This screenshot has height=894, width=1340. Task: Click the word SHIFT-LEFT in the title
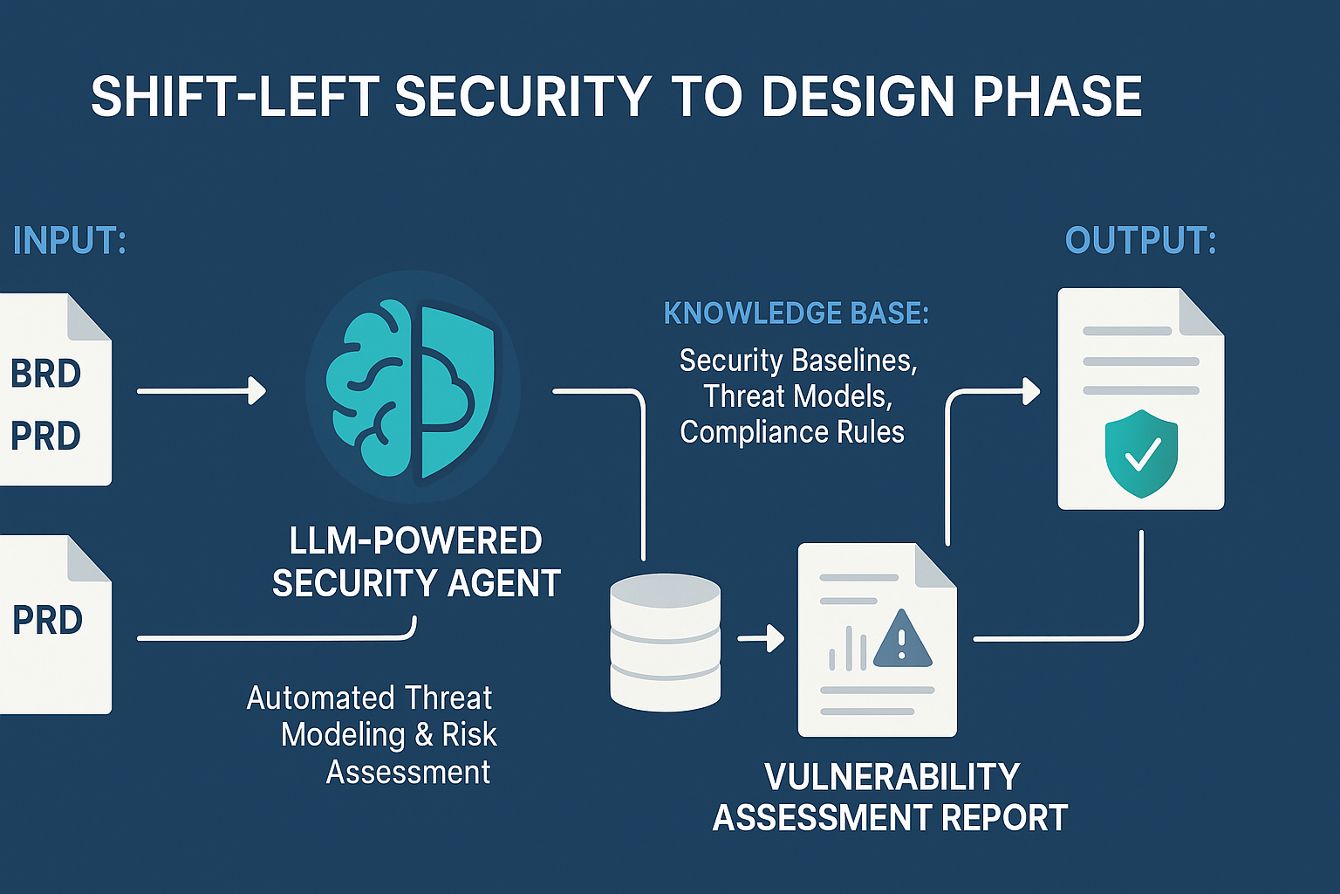pos(235,96)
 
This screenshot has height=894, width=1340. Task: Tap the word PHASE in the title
pos(1057,96)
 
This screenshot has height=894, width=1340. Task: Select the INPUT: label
pos(70,240)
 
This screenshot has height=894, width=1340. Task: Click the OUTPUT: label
pos(1141,240)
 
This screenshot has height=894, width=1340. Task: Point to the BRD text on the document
pos(46,373)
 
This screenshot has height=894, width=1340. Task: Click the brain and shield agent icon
pos(413,388)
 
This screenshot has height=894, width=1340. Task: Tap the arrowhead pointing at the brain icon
pos(257,391)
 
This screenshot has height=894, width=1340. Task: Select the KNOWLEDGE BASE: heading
pos(796,313)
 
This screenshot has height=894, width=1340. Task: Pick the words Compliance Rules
pos(792,432)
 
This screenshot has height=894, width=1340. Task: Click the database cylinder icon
pos(666,642)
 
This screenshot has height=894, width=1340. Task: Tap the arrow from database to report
pos(761,638)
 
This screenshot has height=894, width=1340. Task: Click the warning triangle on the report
pos(903,641)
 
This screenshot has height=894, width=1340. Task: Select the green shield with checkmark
pos(1141,454)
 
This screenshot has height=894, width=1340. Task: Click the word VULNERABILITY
pos(892,777)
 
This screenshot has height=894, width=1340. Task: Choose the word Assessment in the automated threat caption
pos(408,772)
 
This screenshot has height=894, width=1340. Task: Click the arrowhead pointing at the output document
pos(1031,392)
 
